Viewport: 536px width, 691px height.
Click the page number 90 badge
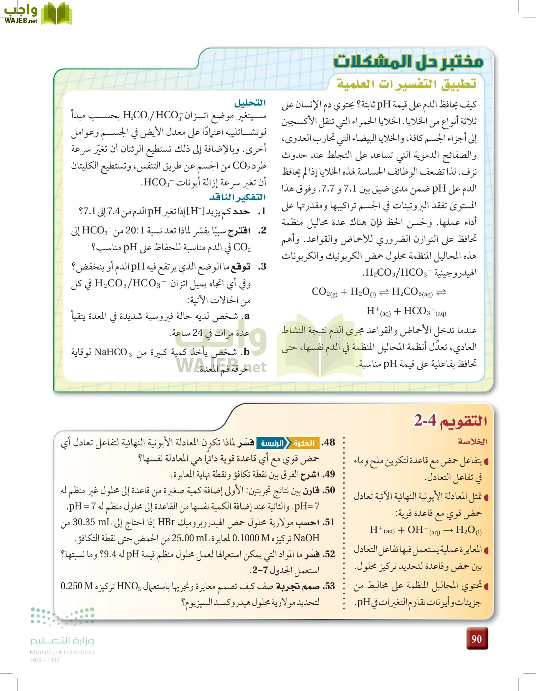[477, 639]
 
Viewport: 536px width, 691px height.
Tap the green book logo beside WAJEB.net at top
[56, 14]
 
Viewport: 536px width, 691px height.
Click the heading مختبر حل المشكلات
[408, 61]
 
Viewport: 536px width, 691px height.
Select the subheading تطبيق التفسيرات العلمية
[406, 83]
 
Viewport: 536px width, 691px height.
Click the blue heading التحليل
[250, 103]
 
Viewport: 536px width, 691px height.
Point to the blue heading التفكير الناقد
[238, 197]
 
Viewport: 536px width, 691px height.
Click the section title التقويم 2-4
[450, 421]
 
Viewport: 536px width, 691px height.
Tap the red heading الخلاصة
[473, 442]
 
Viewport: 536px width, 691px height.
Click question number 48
[329, 443]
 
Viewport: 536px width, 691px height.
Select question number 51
[329, 522]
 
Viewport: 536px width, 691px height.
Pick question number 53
[329, 586]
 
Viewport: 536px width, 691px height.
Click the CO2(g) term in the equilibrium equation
[324, 292]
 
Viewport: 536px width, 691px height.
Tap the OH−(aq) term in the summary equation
[424, 531]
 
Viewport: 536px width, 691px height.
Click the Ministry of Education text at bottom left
[62, 652]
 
